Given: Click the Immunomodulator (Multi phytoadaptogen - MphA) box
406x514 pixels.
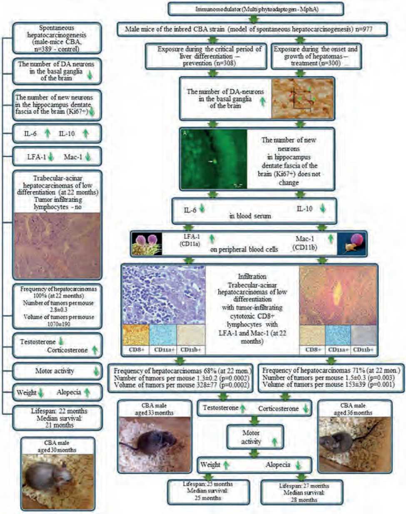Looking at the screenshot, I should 256,8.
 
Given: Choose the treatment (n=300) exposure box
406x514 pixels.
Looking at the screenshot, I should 315,56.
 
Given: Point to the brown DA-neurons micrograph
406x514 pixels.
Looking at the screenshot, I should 302,98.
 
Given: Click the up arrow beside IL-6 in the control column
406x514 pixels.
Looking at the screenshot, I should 47,133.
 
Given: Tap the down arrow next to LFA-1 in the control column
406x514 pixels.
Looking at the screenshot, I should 51,157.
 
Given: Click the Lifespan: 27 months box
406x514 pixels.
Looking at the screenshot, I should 304,493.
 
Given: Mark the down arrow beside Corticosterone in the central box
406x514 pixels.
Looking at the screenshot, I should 306,408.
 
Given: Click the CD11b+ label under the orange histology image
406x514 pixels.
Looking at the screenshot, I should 363,350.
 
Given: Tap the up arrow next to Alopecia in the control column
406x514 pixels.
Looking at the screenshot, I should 87,392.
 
